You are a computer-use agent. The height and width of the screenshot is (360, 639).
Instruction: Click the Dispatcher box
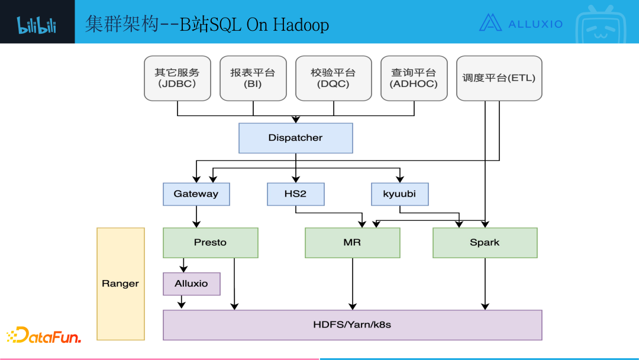[x=295, y=138]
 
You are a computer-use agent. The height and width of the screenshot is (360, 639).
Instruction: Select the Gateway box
[x=196, y=194]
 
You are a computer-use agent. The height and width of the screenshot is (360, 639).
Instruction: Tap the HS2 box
[x=295, y=194]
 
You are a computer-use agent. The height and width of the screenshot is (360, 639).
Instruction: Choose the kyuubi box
[x=400, y=194]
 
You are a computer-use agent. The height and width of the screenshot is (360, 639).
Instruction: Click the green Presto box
[x=210, y=243]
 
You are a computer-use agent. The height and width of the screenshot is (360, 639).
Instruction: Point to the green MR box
[x=352, y=243]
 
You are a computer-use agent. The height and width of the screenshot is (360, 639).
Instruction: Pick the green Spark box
[x=485, y=243]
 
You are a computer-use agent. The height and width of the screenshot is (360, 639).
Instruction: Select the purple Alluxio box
[x=191, y=284]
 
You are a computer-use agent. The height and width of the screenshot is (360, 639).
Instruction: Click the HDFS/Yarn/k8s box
[x=352, y=324]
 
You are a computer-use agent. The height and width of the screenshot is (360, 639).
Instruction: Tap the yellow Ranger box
[x=120, y=284]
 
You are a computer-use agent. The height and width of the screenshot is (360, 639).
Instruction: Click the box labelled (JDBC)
[x=177, y=78]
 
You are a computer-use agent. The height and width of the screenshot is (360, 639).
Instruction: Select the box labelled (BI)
[x=253, y=78]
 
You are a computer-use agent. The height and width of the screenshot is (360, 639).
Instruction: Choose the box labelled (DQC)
[x=333, y=78]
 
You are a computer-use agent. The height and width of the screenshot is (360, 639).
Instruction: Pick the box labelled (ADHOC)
[x=414, y=78]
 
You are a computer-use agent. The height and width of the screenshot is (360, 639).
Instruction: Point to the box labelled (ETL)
[x=499, y=78]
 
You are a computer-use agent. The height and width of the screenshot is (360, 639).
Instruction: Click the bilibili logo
[x=37, y=24]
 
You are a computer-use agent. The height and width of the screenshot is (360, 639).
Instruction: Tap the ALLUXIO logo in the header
[x=521, y=23]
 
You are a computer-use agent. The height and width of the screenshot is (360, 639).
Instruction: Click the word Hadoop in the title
[x=301, y=24]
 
